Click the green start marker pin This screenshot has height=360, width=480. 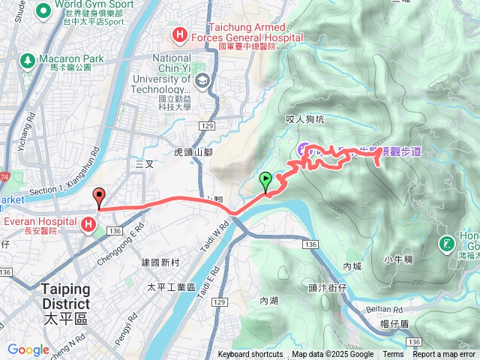(x=265, y=181)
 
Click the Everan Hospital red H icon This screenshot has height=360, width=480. (x=89, y=224)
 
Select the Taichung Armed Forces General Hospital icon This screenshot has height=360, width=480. (x=179, y=33)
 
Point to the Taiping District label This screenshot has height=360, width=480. (x=65, y=297)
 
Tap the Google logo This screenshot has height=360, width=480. (x=28, y=349)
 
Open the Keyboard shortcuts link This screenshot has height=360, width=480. (x=250, y=355)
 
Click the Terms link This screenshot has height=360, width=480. (x=393, y=355)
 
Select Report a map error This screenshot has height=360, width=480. (x=444, y=355)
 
